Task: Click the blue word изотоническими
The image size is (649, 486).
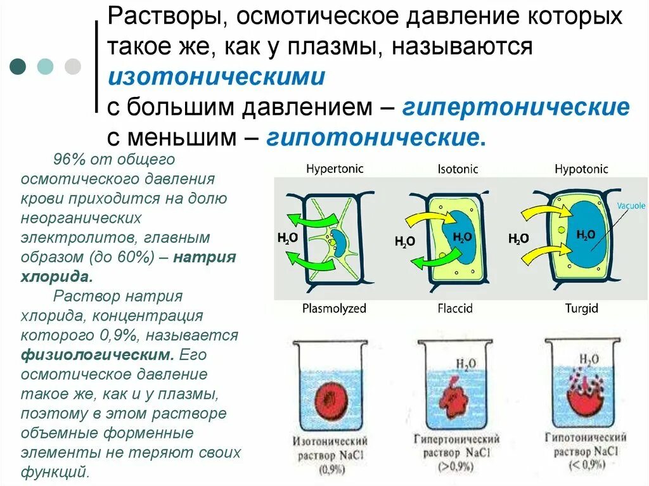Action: tap(216, 78)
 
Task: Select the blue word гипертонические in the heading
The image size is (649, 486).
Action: tap(515, 108)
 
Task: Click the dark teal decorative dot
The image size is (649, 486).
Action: tap(18, 67)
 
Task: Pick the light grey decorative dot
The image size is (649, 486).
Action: tap(73, 67)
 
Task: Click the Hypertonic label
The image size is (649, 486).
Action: tap(335, 169)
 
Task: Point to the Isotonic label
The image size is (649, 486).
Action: tap(458, 169)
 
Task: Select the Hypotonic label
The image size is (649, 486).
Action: tap(581, 169)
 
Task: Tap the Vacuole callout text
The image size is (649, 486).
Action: tap(631, 206)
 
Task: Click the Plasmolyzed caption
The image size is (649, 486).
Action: tap(334, 309)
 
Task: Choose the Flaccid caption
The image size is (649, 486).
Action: tap(454, 309)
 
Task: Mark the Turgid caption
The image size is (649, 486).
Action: tap(581, 309)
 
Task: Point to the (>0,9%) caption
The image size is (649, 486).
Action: tap(456, 468)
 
